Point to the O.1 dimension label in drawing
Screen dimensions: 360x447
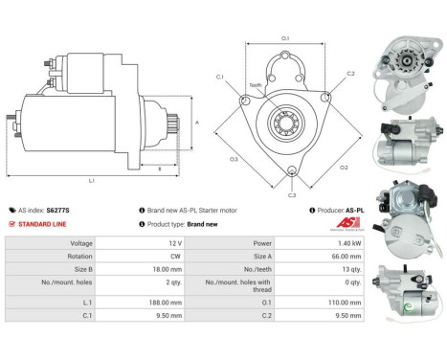coord(286,38)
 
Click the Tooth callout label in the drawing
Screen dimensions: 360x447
coord(255,85)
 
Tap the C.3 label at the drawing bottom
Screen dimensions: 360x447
coord(292,193)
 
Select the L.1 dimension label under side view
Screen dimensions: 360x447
coord(91,179)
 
